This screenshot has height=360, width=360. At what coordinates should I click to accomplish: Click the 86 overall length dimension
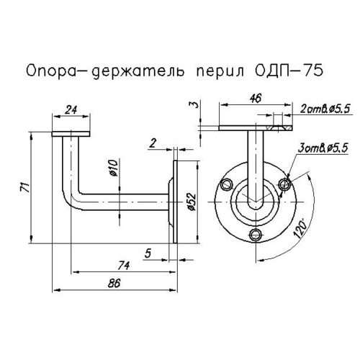click(x=113, y=284)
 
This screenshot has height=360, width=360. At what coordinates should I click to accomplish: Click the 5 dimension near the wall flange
click(x=147, y=252)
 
